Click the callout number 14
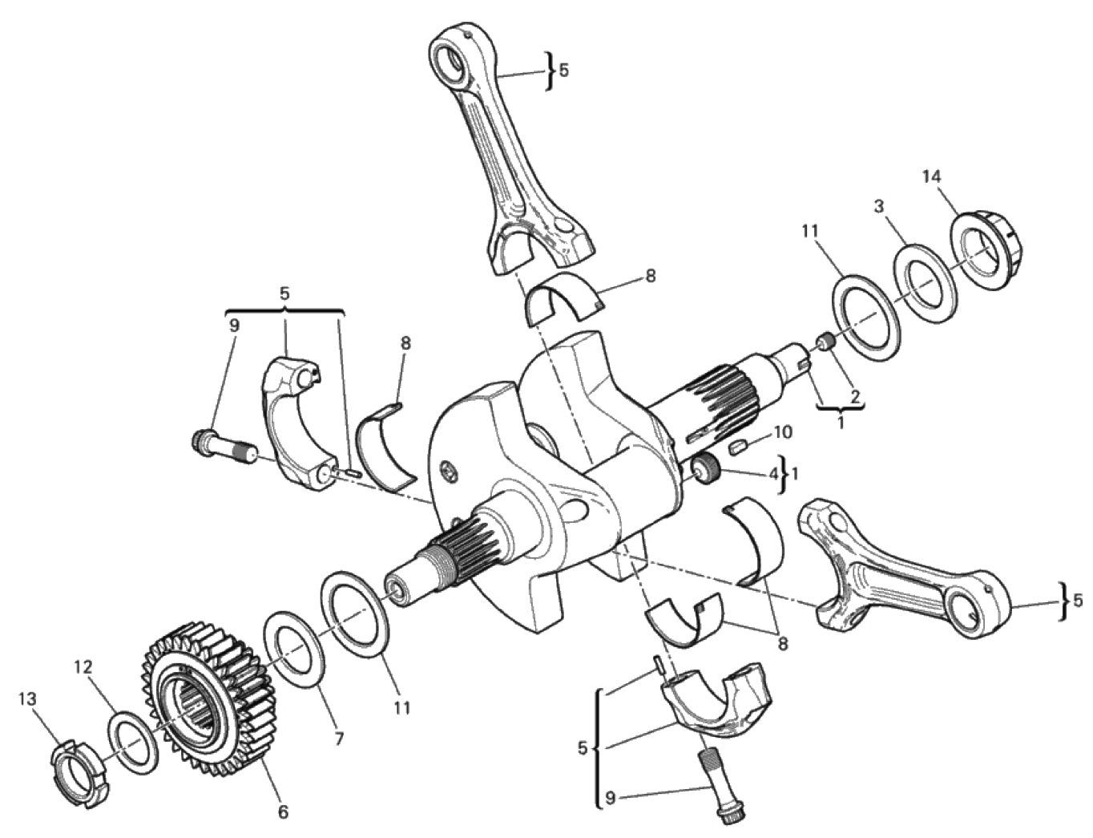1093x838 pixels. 932,177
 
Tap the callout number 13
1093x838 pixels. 28,698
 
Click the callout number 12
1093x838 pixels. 83,667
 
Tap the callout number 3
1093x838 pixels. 879,207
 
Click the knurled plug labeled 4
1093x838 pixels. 706,468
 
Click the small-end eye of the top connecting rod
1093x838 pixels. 451,60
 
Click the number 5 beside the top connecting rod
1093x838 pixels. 564,71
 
